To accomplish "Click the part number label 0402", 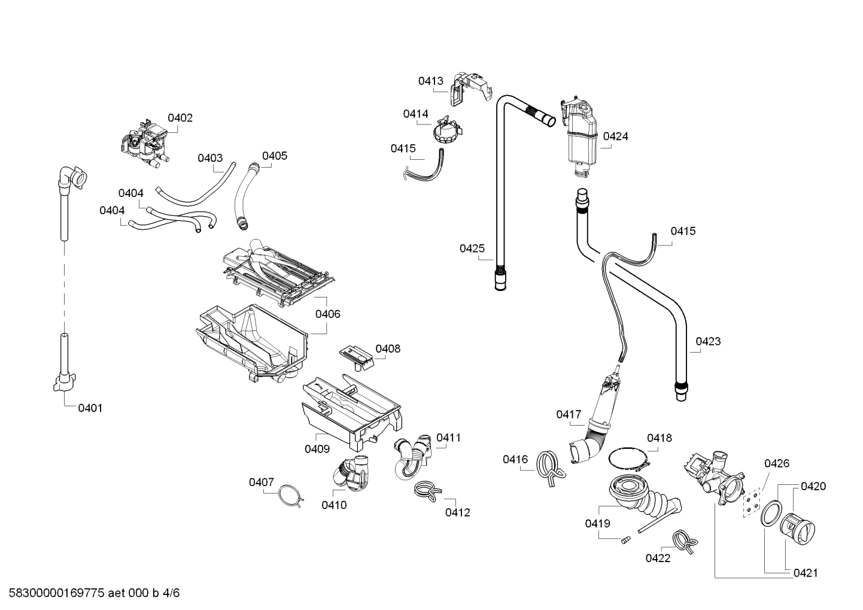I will coord(180,118).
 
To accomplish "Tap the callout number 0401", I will coord(90,408).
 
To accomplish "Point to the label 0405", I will coord(275,156).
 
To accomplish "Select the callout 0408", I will coord(388,348).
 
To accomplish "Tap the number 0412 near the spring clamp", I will coord(457,512).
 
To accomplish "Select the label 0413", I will coord(431,81).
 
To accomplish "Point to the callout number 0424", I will coord(615,136).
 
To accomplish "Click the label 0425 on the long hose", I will coord(472,248).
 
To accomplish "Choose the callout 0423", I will coord(708,341).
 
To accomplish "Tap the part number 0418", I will coord(659,438).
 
